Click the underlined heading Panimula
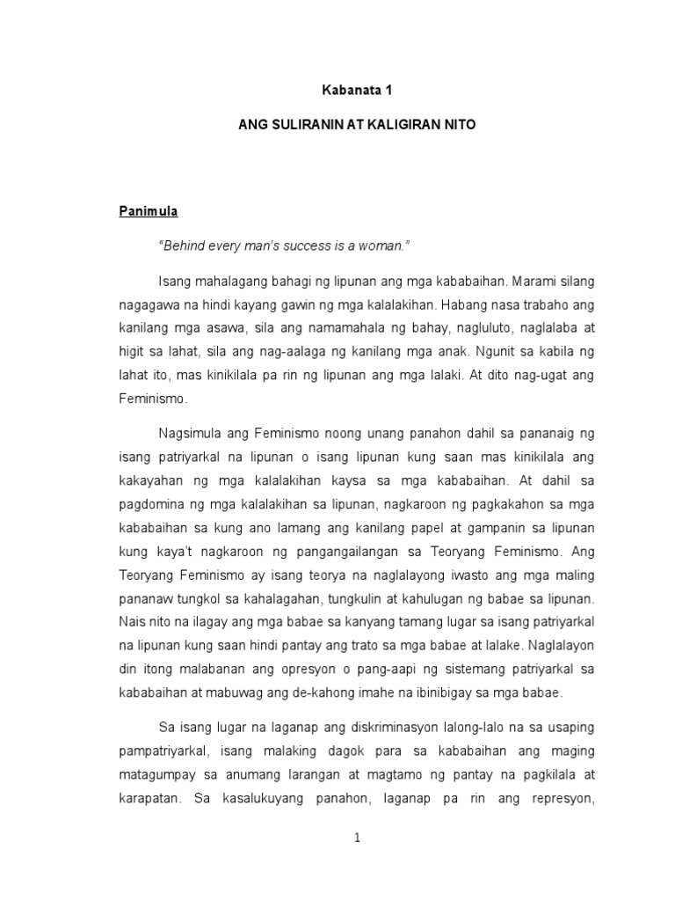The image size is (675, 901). point(149,211)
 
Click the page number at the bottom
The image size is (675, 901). point(358,839)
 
